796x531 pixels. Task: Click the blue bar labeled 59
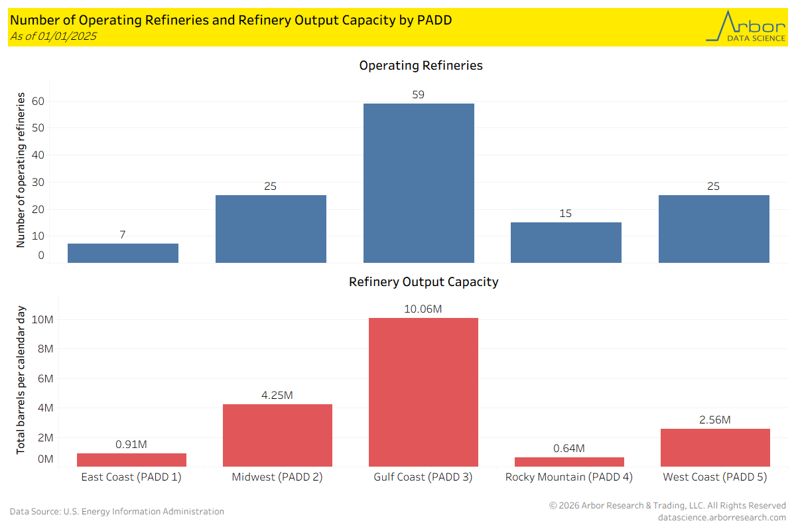(x=419, y=183)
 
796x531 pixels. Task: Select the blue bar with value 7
(x=123, y=253)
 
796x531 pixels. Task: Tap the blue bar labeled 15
(x=566, y=242)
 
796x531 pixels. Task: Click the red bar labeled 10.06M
(x=423, y=392)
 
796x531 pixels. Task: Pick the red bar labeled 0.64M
(x=569, y=461)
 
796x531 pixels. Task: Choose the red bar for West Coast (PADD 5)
(x=715, y=447)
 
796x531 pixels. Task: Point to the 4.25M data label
(x=277, y=396)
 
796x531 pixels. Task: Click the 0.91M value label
(x=131, y=445)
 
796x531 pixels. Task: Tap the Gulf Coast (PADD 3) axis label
(x=423, y=477)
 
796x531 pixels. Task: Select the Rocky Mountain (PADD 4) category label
(x=569, y=477)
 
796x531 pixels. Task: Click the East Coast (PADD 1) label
(x=131, y=477)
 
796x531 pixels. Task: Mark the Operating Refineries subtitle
(x=421, y=66)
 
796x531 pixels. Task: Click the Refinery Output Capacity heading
(x=423, y=282)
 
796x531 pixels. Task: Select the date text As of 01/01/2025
(x=53, y=36)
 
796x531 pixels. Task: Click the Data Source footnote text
(x=117, y=512)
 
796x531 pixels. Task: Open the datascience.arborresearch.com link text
(x=722, y=518)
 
